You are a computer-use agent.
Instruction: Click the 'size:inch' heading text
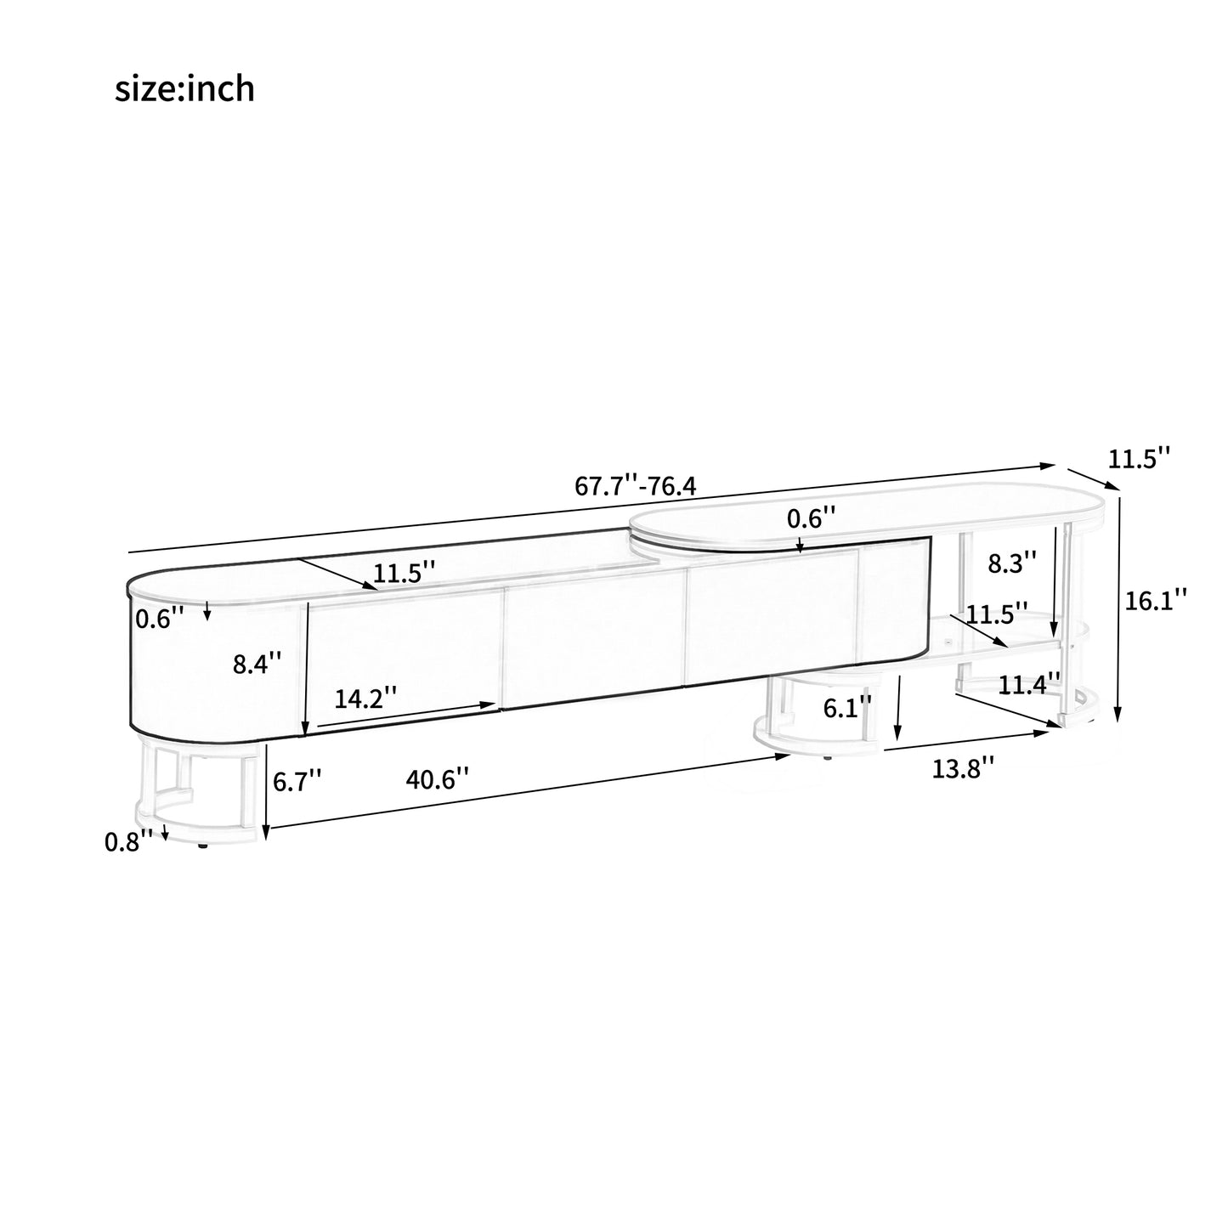pyautogui.click(x=184, y=88)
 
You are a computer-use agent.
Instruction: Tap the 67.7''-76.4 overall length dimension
pyautogui.click(x=636, y=486)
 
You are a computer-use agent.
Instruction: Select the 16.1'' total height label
pyautogui.click(x=1156, y=599)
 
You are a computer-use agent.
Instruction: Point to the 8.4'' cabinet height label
pyautogui.click(x=257, y=663)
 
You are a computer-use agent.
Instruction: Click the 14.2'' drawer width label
pyautogui.click(x=365, y=699)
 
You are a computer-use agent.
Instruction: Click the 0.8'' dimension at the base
pyautogui.click(x=128, y=842)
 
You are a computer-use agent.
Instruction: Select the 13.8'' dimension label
pyautogui.click(x=963, y=767)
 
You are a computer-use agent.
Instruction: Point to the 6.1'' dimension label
pyautogui.click(x=847, y=707)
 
